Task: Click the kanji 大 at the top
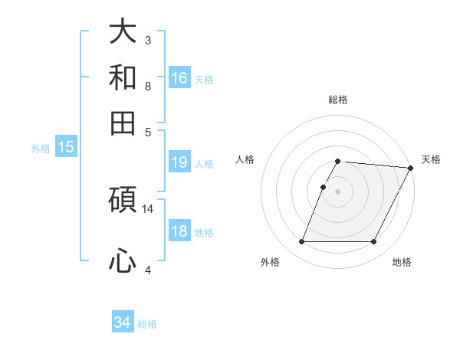123,32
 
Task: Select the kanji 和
123,77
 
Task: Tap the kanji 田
123,123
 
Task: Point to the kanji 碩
123,201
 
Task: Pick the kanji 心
123,261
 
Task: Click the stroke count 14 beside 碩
148,208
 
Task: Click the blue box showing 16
179,78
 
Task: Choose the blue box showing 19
179,162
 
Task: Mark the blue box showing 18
179,231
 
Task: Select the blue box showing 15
66,147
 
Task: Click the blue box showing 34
123,322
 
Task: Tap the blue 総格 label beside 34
148,324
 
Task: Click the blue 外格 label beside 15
41,149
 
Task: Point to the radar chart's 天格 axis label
431,159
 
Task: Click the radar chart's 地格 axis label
402,262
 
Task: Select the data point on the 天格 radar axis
411,168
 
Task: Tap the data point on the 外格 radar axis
301,242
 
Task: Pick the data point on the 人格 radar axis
324,187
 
